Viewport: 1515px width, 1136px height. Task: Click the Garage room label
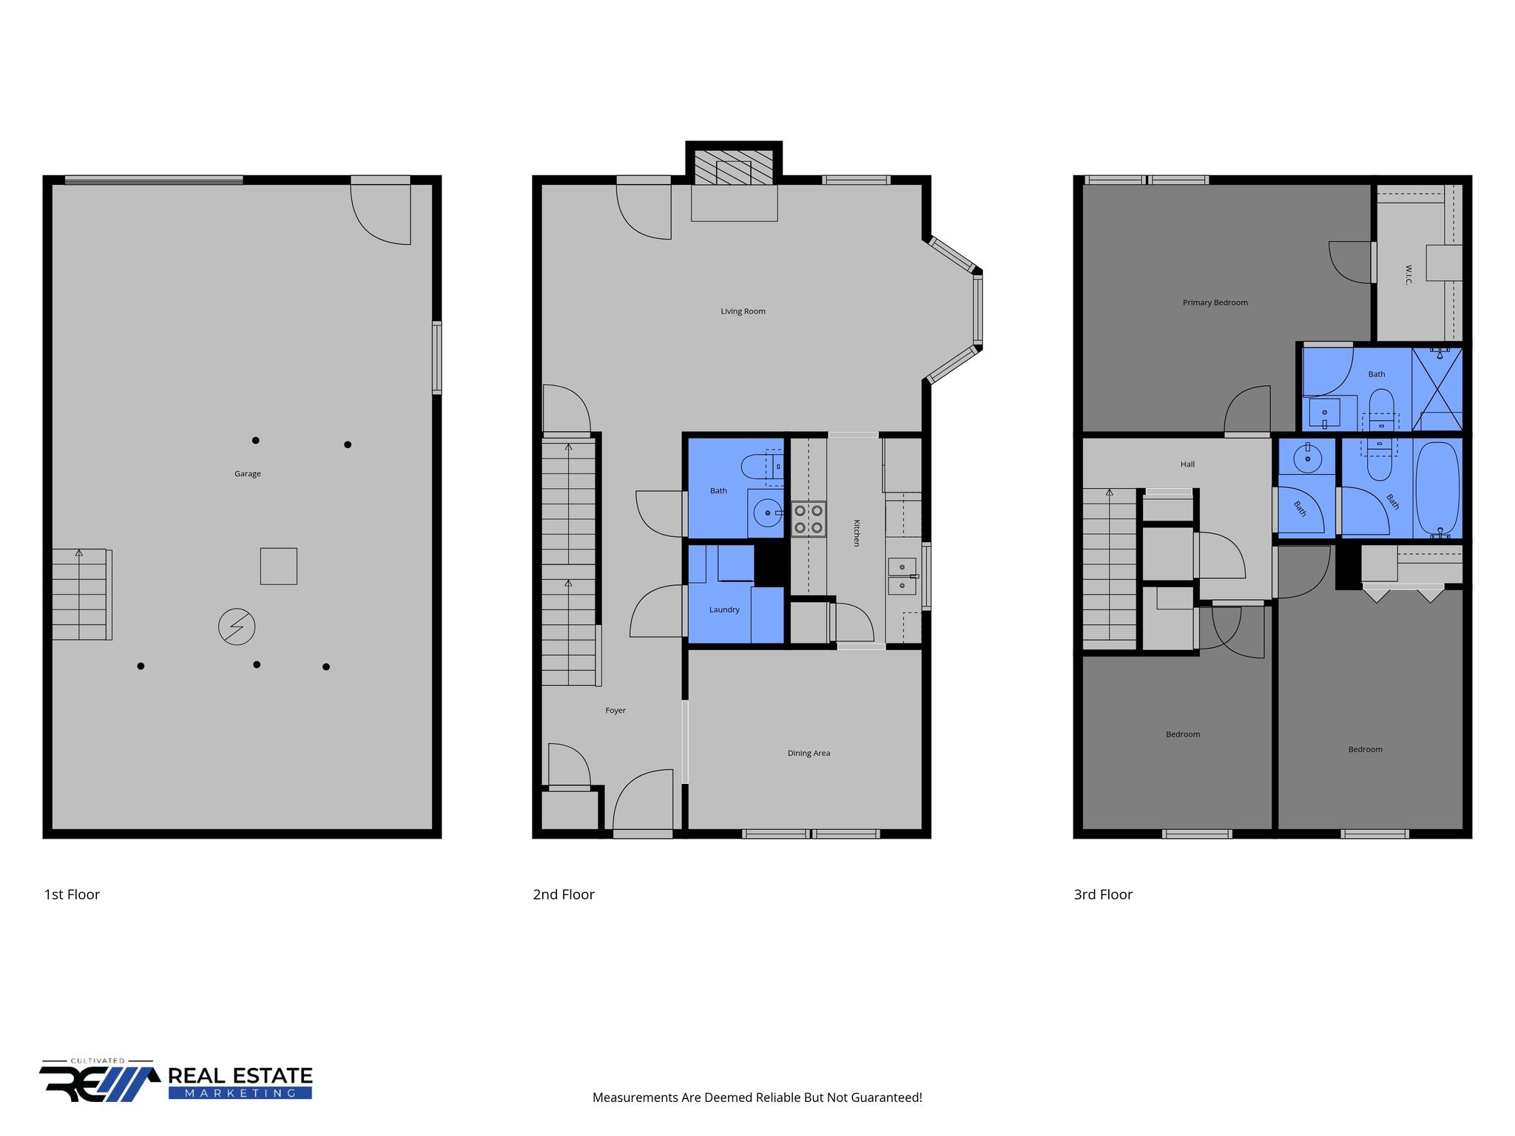pyautogui.click(x=248, y=474)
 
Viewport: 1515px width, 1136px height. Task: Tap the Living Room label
pyautogui.click(x=743, y=311)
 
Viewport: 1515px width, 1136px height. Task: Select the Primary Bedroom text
pyautogui.click(x=1215, y=302)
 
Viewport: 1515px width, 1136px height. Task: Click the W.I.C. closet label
pyautogui.click(x=1408, y=274)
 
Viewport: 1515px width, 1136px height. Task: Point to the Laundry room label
pyautogui.click(x=724, y=610)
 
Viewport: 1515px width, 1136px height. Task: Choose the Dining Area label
pyautogui.click(x=809, y=754)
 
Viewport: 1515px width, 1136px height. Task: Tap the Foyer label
pyautogui.click(x=615, y=711)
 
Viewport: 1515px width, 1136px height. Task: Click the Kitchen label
pyautogui.click(x=857, y=532)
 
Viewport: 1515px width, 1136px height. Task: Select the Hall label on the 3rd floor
pyautogui.click(x=1187, y=464)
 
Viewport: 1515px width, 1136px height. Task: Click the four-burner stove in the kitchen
pyautogui.click(x=809, y=519)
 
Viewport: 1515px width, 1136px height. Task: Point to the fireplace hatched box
pyautogui.click(x=734, y=168)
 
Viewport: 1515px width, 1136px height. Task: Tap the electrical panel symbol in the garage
pyautogui.click(x=237, y=627)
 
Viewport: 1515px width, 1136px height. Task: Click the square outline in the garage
pyautogui.click(x=279, y=567)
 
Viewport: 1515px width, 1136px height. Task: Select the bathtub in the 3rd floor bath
pyautogui.click(x=1437, y=489)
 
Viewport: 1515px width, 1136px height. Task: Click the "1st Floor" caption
pyautogui.click(x=72, y=895)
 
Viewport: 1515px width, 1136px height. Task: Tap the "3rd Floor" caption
pyautogui.click(x=1103, y=895)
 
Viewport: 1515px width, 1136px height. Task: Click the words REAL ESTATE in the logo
pyautogui.click(x=240, y=1075)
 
